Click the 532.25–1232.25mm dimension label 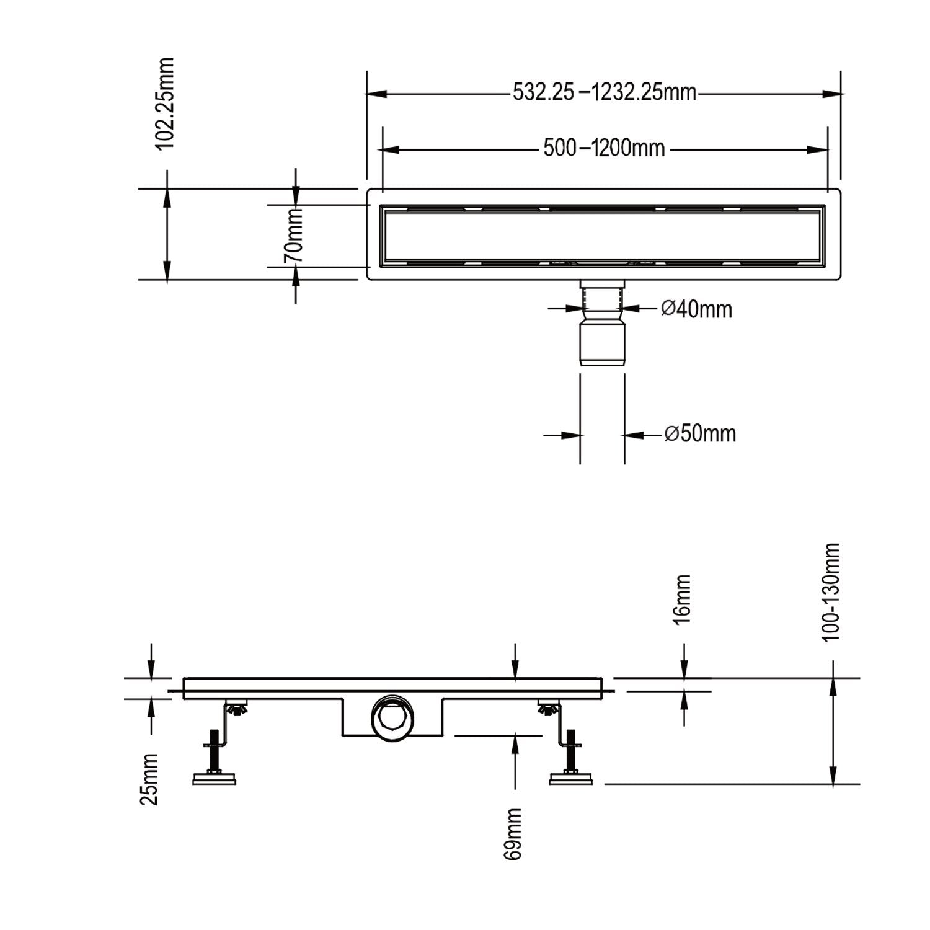[x=604, y=94]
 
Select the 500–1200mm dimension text [x=604, y=148]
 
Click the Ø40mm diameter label [x=696, y=308]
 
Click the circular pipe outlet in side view [x=392, y=719]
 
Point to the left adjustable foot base [x=215, y=778]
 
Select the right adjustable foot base [x=571, y=778]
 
